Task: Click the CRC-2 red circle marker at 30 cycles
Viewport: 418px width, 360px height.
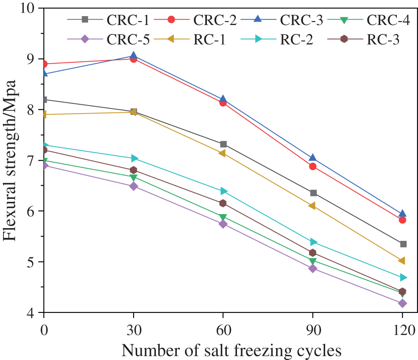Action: pos(133,59)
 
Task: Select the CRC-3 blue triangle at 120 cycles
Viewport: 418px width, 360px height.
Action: pos(402,213)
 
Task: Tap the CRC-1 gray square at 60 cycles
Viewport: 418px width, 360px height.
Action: pos(223,144)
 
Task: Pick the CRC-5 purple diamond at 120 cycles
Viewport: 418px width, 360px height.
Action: pos(402,303)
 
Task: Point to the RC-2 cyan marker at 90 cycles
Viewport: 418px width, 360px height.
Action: pos(313,242)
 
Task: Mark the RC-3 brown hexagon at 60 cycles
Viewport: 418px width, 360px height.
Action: pos(223,203)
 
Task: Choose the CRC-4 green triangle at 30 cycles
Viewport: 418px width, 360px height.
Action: pos(133,177)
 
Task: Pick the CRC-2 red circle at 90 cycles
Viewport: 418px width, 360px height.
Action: pos(313,166)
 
